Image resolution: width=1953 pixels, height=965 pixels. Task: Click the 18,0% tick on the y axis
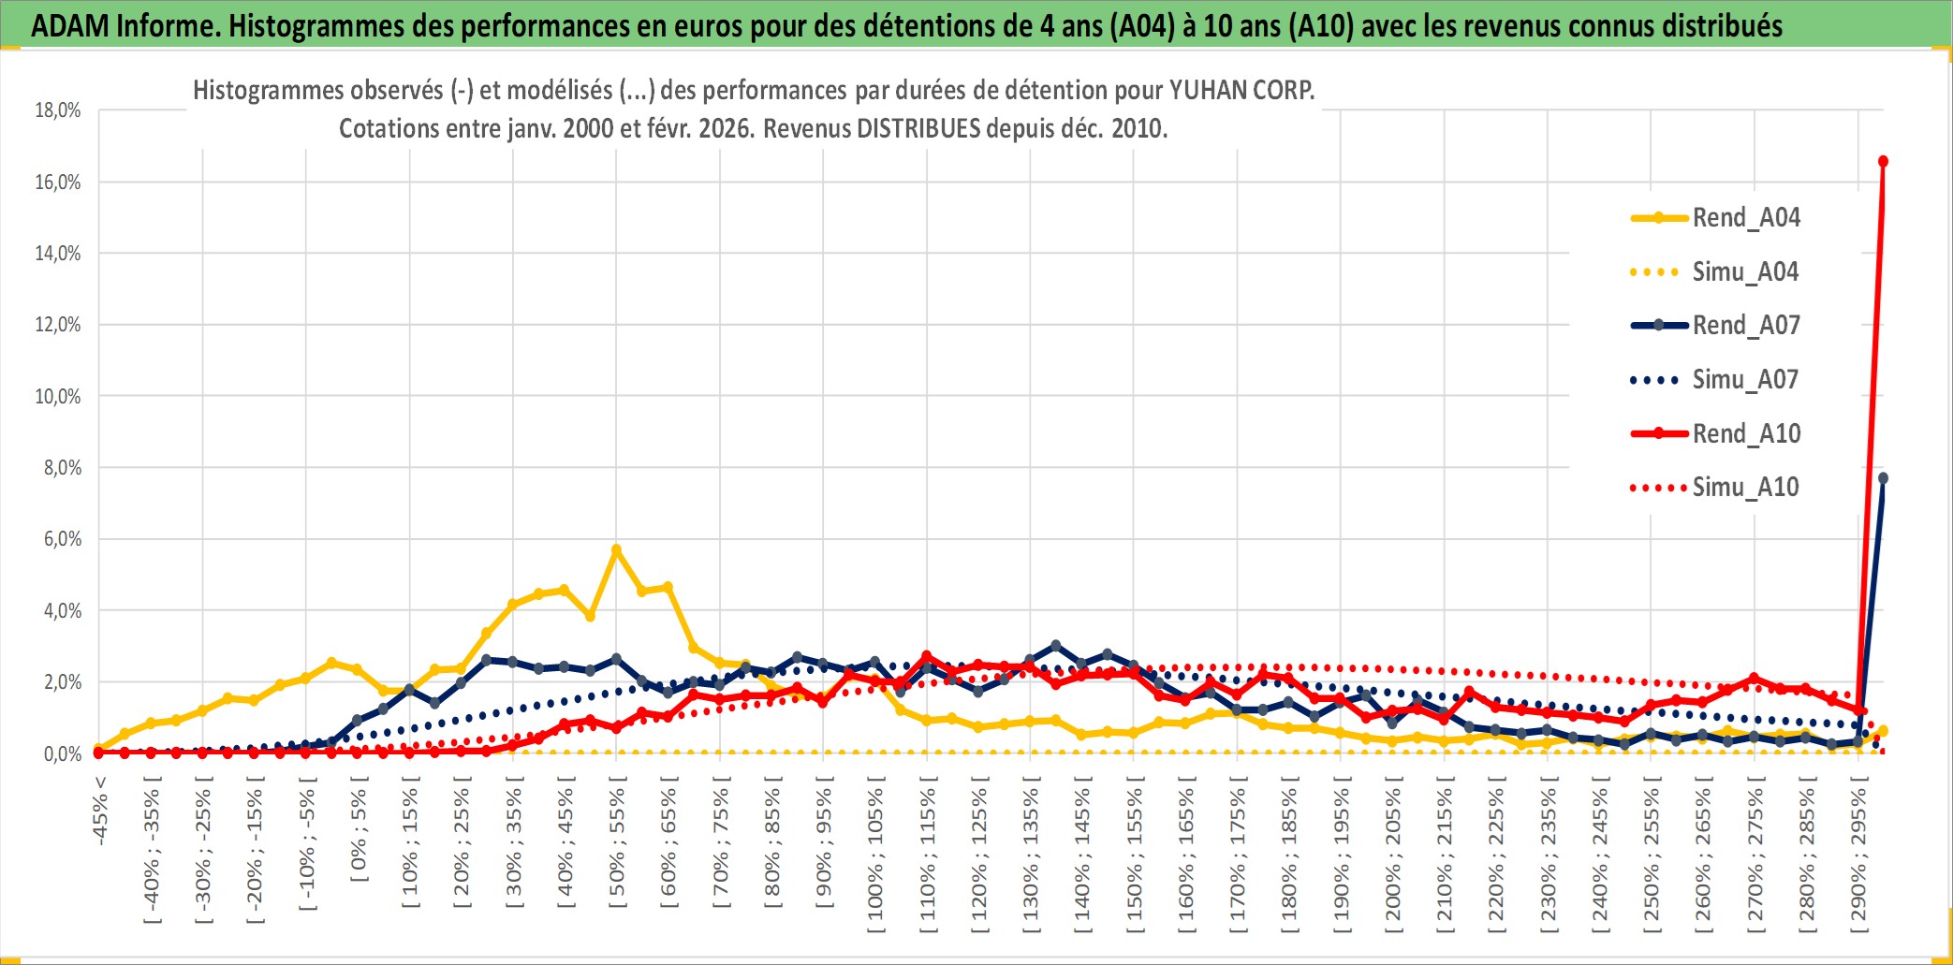pyautogui.click(x=58, y=110)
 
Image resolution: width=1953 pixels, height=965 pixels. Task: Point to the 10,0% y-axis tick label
pyautogui.click(x=58, y=397)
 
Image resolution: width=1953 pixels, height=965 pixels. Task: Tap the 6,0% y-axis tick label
pyautogui.click(x=62, y=539)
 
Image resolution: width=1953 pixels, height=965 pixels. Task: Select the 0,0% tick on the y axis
pyautogui.click(x=62, y=754)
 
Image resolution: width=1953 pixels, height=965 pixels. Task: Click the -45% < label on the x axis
pyautogui.click(x=100, y=811)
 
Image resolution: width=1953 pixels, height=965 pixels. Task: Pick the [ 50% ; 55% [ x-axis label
pyautogui.click(x=617, y=848)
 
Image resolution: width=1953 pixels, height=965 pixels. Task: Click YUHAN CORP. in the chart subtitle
pyautogui.click(x=1241, y=91)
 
